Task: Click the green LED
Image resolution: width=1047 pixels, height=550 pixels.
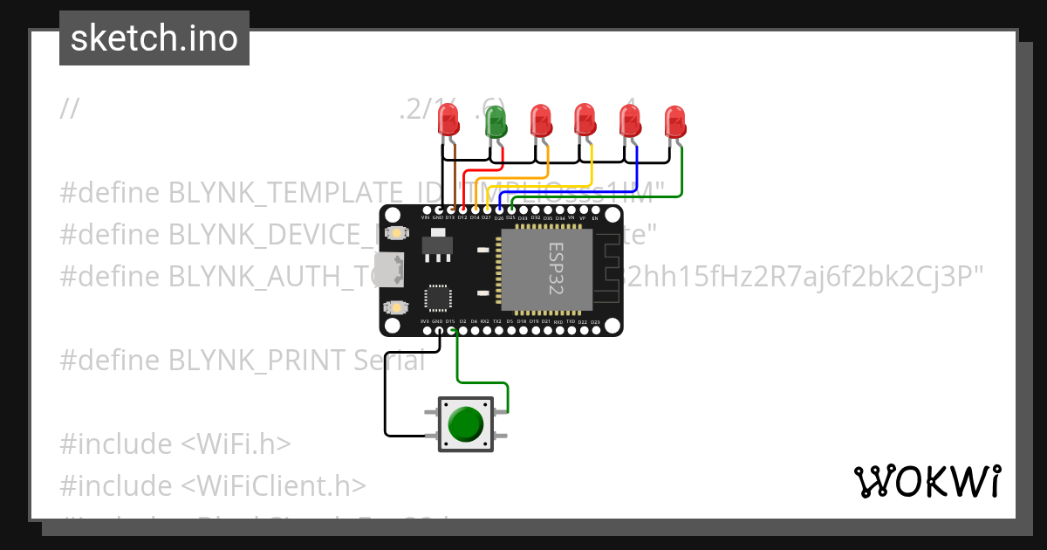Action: coord(496,121)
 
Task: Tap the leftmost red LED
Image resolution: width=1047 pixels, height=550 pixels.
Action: coord(449,119)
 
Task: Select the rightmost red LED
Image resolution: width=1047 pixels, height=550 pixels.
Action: coord(674,121)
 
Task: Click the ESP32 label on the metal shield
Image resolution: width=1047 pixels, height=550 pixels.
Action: coord(556,268)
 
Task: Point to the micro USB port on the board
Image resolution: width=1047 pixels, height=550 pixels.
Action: coord(389,270)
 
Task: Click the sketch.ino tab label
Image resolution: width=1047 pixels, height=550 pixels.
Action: coord(154,38)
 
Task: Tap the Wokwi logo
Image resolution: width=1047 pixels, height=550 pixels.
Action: coord(926,481)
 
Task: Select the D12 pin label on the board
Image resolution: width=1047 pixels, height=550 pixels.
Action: coord(462,217)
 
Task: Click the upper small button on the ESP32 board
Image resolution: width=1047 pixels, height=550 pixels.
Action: coord(398,233)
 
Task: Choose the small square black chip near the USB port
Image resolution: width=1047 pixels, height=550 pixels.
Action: coord(437,298)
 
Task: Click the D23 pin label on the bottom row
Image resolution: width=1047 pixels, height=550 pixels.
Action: coord(595,322)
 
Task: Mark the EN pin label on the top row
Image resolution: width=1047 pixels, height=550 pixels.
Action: coord(595,217)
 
